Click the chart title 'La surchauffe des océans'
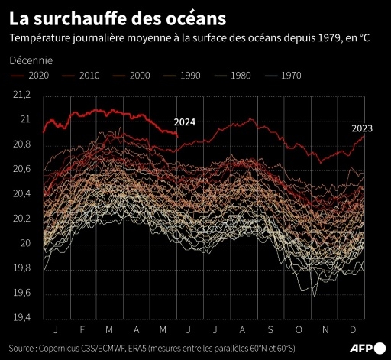[x=103, y=16]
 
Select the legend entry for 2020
[x=31, y=75]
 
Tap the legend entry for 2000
[x=131, y=75]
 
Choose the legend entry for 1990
[x=182, y=75]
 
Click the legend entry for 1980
[x=232, y=75]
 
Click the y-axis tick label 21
[x=25, y=120]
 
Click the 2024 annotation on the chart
[x=184, y=122]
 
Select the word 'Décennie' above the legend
[x=32, y=59]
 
